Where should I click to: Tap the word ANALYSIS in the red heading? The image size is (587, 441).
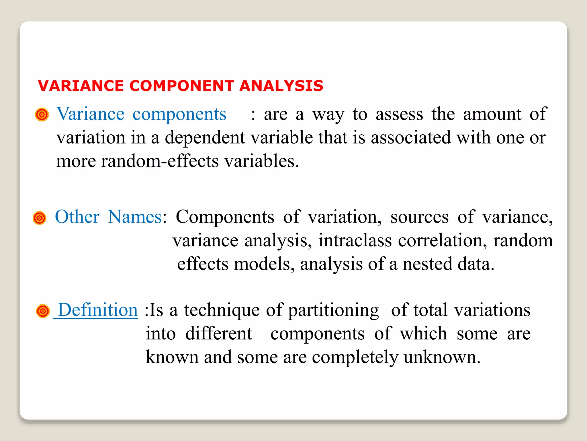pos(281,86)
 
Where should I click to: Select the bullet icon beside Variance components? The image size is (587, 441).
pos(42,115)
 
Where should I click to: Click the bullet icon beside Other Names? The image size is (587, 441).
pos(40,218)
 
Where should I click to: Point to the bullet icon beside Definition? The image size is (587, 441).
pos(43,311)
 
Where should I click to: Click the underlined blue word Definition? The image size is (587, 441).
pos(98,310)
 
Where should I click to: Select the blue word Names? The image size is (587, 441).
pos(135,217)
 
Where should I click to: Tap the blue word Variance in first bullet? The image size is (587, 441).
pos(90,114)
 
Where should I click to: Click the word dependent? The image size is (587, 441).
pos(205,138)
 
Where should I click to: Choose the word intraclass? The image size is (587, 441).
pos(355,240)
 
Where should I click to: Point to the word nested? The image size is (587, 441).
pos(427,264)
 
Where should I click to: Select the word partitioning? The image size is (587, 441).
pos(333,310)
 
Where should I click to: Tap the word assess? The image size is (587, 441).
pos(399,114)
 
